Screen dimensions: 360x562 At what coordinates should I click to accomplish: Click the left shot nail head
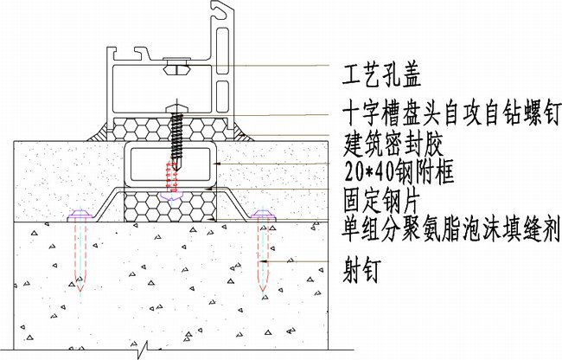[80, 213]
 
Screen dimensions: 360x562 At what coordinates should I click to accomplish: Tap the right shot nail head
[261, 213]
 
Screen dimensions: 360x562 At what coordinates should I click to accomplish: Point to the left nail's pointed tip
[80, 288]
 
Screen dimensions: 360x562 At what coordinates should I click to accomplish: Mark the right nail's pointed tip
[261, 288]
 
